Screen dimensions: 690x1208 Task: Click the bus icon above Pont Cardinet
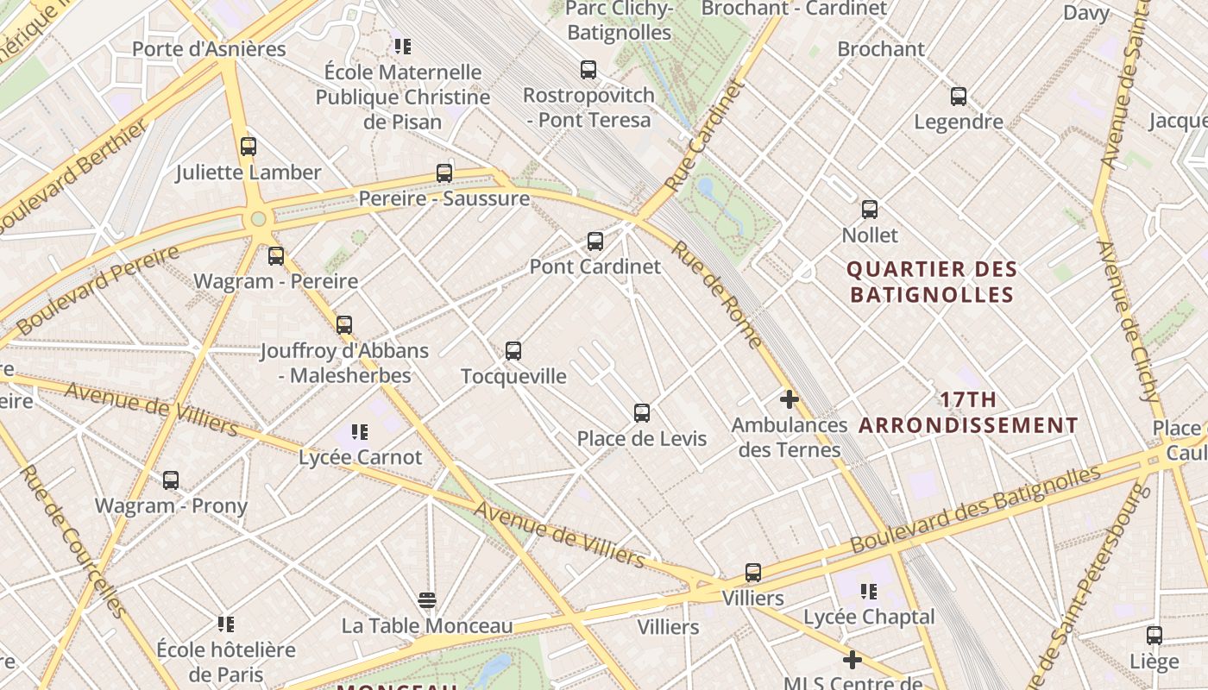595,241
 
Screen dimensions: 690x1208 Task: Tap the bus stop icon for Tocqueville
513,351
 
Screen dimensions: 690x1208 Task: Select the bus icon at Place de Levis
642,413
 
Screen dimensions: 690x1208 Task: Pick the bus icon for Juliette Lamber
249,147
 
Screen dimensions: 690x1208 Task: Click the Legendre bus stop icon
958,97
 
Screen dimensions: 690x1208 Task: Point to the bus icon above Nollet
870,210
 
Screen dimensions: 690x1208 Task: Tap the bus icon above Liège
1155,636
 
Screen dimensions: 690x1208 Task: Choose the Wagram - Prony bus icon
171,480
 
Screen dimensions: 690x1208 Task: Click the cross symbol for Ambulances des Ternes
789,399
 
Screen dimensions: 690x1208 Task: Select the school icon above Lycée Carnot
360,431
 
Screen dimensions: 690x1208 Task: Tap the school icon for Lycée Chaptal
869,592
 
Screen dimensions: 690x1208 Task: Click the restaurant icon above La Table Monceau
427,599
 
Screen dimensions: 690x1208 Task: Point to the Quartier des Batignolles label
932,282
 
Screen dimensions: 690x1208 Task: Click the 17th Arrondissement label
968,412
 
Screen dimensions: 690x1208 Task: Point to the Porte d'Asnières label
209,48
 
